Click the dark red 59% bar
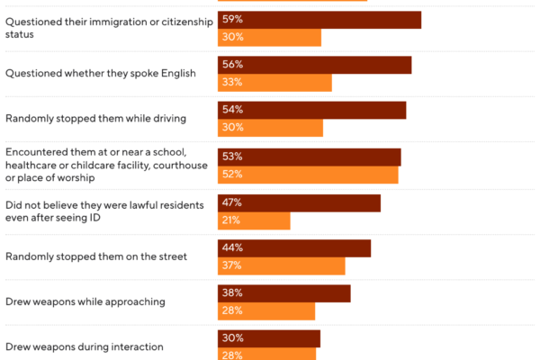tap(319, 20)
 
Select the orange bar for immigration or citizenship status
tap(269, 38)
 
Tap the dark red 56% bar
tap(314, 65)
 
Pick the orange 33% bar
tap(274, 83)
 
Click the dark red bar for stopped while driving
tap(311, 110)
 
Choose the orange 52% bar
tap(308, 175)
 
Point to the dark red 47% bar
tap(299, 203)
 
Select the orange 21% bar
tap(254, 220)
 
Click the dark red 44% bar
tap(294, 248)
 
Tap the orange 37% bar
tap(282, 265)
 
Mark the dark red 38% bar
tap(283, 293)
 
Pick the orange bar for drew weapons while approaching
tap(266, 310)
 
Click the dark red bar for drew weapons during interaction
tap(269, 338)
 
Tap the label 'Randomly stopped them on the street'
tap(96, 256)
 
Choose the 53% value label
tap(232, 157)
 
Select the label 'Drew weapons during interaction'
tap(85, 346)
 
